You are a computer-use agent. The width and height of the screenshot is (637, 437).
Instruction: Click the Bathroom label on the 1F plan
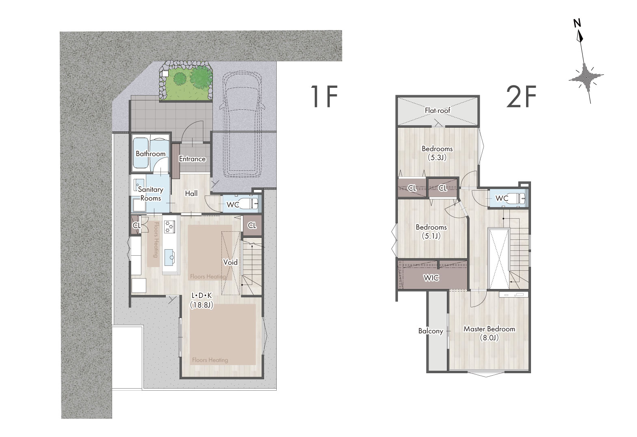coord(150,154)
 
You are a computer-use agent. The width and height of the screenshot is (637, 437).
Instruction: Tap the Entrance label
coord(192,159)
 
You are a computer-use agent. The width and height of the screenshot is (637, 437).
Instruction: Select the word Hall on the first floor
coord(191,193)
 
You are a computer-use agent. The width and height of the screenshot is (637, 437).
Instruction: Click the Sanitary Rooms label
coord(150,194)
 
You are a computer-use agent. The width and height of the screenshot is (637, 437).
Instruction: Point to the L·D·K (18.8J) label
coord(201,300)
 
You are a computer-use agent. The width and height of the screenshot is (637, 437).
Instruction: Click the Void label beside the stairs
coord(230,262)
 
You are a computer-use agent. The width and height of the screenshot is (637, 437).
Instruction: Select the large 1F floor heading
coord(324,96)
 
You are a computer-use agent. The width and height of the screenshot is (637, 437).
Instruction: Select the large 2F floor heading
coord(522,97)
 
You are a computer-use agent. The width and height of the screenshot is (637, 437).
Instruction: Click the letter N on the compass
coord(577,23)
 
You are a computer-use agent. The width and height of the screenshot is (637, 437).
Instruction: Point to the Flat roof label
coord(438,111)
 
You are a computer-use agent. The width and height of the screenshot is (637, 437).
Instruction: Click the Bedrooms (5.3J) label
coord(437,153)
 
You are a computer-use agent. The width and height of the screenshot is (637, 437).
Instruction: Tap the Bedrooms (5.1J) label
coord(431,232)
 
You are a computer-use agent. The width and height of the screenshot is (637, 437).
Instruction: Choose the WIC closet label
coord(431,278)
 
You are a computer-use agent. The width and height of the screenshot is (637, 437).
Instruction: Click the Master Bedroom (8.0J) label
coord(490,333)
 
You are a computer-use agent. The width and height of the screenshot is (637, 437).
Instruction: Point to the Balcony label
coord(431,331)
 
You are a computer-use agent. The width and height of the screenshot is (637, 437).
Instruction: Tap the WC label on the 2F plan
coord(502,198)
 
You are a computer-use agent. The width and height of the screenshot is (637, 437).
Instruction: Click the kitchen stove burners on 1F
coord(170,227)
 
